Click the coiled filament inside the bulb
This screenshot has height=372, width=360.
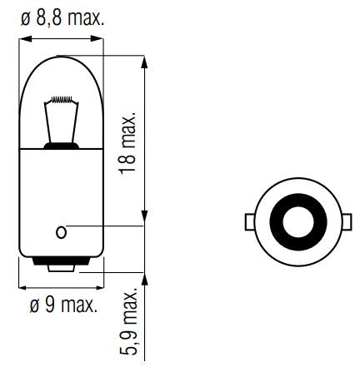click(x=61, y=108)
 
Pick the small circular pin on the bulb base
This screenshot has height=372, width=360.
click(x=61, y=231)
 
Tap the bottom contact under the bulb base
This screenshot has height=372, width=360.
click(x=61, y=268)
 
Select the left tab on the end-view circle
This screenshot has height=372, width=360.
click(x=250, y=222)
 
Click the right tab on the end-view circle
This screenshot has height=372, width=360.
click(x=342, y=222)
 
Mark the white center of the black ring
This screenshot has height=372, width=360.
click(x=296, y=222)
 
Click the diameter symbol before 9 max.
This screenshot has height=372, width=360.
click(x=32, y=305)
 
